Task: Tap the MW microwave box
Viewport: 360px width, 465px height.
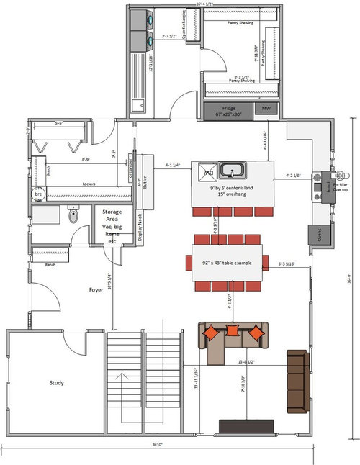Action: (x=266, y=109)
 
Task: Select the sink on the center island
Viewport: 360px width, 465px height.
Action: (x=231, y=171)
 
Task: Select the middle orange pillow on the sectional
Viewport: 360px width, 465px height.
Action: (x=233, y=330)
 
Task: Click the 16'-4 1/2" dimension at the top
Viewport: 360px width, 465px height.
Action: (x=207, y=4)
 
